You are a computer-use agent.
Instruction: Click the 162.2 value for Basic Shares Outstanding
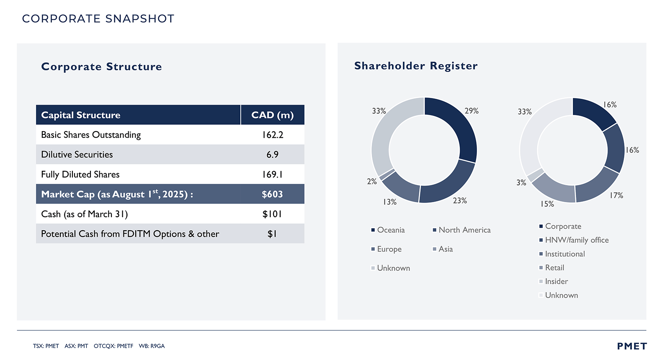coord(273,135)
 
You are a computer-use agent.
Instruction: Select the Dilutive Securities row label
coord(77,154)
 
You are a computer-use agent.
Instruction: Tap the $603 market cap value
coord(272,194)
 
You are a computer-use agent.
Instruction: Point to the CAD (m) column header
coord(272,115)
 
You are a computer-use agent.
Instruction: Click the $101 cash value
coord(272,214)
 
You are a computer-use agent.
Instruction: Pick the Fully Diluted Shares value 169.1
coord(272,175)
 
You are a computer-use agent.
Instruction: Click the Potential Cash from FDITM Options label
coord(130,234)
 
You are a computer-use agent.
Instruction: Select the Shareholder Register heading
coord(416,66)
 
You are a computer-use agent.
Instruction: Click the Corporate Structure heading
coord(101,67)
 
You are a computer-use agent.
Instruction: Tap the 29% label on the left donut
coord(472,111)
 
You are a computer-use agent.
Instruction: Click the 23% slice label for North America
coord(460,201)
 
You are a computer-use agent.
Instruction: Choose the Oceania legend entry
coord(391,230)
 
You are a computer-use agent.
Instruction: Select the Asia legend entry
coord(446,249)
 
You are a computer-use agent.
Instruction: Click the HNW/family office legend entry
coord(577,240)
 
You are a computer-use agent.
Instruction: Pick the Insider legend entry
coord(556,281)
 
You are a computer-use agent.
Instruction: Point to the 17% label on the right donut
coord(616,195)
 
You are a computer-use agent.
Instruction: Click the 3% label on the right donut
coord(521,183)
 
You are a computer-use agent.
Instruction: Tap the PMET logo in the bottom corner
coord(632,346)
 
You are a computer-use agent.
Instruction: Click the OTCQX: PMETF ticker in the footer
coord(113,346)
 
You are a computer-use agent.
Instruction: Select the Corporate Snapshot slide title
coord(98,19)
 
